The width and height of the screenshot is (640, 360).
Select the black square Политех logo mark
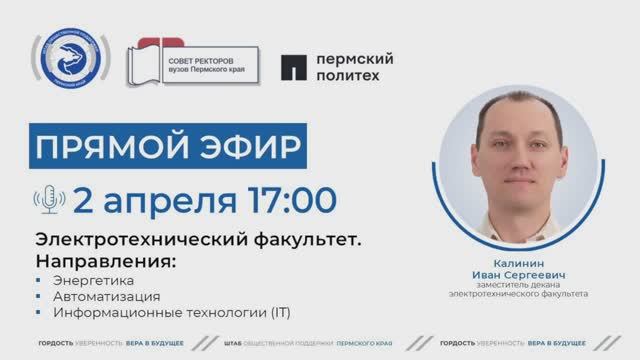291,66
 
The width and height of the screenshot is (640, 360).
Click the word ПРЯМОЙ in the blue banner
105,147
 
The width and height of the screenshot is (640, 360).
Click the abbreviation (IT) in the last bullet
279,313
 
